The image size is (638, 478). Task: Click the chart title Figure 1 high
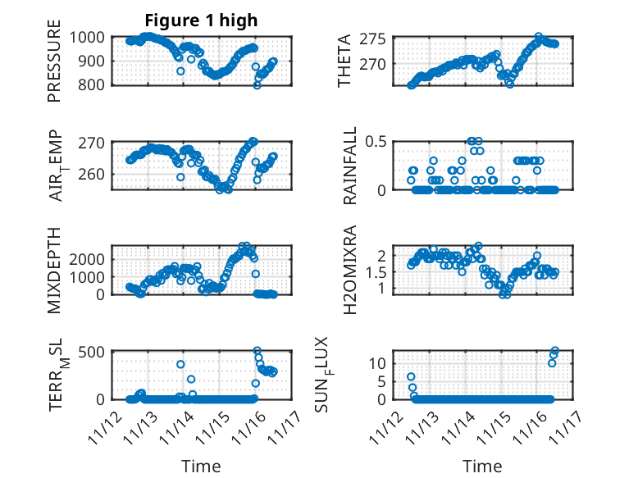pos(201,20)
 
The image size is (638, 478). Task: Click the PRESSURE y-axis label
pos(54,66)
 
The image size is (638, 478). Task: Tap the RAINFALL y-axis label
pos(349,165)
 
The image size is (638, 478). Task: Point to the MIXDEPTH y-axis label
pos(54,270)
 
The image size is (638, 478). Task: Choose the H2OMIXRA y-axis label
pos(349,270)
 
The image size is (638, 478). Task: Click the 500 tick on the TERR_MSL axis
pos(92,352)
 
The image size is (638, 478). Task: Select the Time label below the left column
pos(201,467)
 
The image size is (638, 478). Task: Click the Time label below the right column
pos(483,467)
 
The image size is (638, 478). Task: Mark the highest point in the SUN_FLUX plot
pos(555,351)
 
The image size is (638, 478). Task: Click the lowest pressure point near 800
pos(257,84)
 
